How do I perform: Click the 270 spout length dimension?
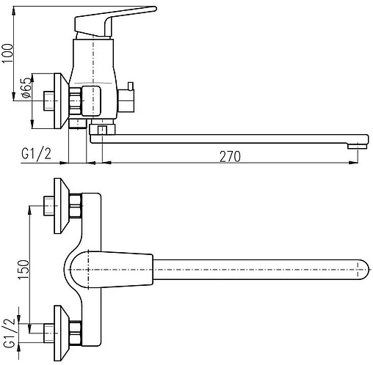pos(230,157)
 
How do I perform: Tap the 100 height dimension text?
pos(7,54)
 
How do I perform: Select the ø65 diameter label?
pos(27,88)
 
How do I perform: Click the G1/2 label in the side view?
pos(37,155)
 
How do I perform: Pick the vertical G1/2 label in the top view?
pos(10,333)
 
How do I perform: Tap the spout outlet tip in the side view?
pos(357,146)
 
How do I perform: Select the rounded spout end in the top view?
pos(362,270)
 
